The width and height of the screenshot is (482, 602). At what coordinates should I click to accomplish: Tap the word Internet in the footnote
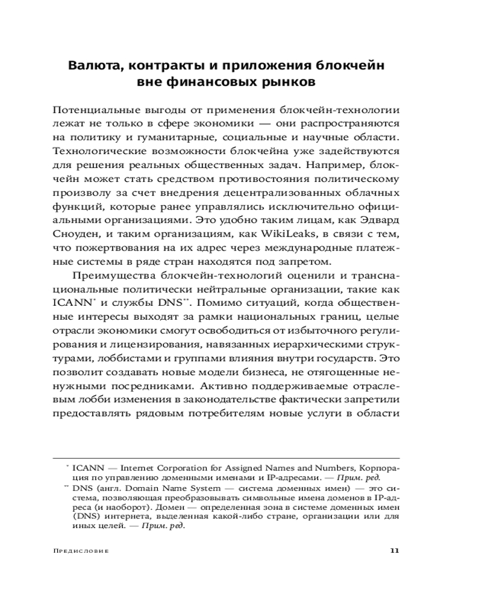138,467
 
